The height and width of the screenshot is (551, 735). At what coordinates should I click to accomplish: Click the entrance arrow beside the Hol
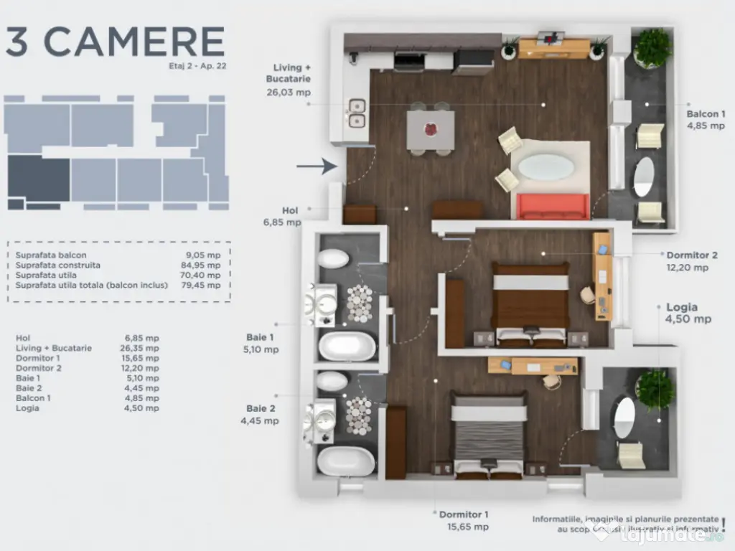pyautogui.click(x=317, y=166)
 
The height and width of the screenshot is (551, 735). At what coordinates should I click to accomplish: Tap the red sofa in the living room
pyautogui.click(x=553, y=207)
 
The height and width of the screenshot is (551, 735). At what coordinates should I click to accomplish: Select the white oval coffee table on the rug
pyautogui.click(x=546, y=167)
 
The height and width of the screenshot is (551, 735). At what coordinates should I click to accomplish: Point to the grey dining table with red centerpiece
pyautogui.click(x=431, y=129)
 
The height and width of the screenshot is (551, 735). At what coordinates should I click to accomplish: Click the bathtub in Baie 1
pyautogui.click(x=347, y=347)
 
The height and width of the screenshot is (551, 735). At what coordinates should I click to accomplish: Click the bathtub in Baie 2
pyautogui.click(x=345, y=461)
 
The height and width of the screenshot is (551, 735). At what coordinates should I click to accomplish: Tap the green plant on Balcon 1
pyautogui.click(x=652, y=49)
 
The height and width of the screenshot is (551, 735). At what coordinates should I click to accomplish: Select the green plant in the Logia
pyautogui.click(x=655, y=389)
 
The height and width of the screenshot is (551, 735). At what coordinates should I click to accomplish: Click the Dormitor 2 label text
pyautogui.click(x=691, y=255)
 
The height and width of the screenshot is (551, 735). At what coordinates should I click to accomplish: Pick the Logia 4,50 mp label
pyautogui.click(x=688, y=314)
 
